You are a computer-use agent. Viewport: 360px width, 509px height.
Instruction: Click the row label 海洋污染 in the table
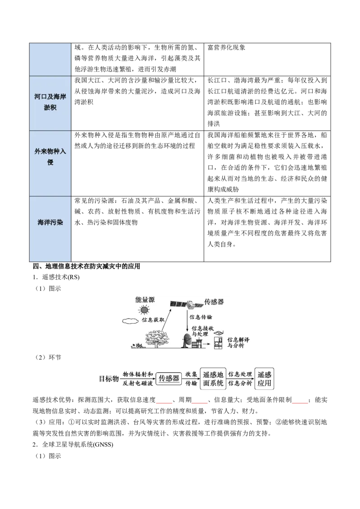pos(50,223)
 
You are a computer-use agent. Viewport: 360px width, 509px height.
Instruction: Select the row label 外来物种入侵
pos(50,156)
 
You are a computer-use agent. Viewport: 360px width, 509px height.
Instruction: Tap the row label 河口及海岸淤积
pos(50,102)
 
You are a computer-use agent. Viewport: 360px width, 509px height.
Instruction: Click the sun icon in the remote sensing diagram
pos(144,310)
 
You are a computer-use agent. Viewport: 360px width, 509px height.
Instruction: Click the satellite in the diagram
pos(186,304)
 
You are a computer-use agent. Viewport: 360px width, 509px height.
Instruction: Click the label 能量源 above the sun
pos(145,299)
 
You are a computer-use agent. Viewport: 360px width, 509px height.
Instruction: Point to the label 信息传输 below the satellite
pos(200,317)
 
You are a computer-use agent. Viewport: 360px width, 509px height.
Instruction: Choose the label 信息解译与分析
pos(238,343)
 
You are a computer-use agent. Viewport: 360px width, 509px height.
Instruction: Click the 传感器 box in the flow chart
pos(169,378)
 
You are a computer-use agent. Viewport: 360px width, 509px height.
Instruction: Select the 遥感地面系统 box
pos(213,379)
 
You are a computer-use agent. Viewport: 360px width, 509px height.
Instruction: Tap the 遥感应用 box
pos(264,379)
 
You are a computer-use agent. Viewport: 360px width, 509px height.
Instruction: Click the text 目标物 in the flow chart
pos(109,379)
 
